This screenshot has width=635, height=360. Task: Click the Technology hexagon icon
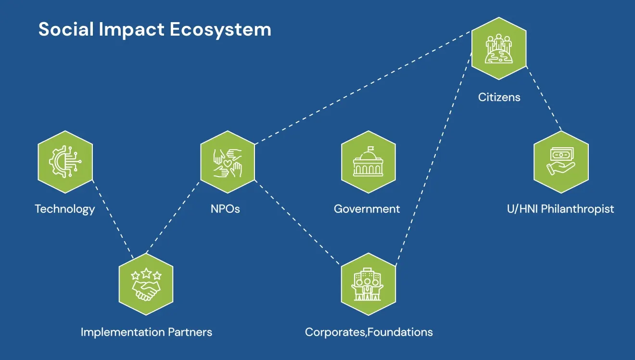click(x=65, y=161)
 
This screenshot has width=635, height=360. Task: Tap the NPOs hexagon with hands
click(x=228, y=161)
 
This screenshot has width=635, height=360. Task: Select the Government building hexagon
click(x=368, y=161)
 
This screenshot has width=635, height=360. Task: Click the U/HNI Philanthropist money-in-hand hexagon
click(x=561, y=161)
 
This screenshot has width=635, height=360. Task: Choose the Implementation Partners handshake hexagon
click(x=146, y=284)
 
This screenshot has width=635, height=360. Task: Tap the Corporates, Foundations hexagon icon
click(x=368, y=284)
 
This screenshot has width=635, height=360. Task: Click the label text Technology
click(x=65, y=209)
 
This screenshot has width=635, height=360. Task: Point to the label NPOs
click(x=225, y=209)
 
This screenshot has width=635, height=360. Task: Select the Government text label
click(x=367, y=209)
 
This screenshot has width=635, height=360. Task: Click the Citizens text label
click(x=499, y=97)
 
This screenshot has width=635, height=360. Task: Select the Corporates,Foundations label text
click(x=369, y=332)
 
